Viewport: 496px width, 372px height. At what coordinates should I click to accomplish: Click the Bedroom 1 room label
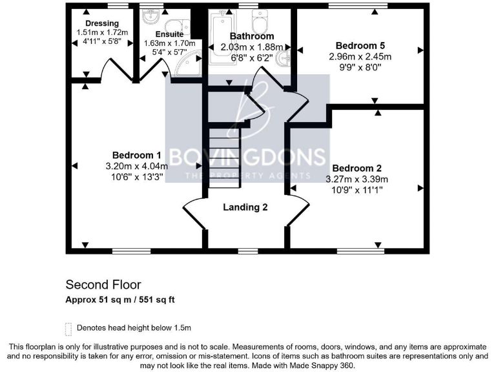136,155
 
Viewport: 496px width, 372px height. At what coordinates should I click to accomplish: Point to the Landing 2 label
245,207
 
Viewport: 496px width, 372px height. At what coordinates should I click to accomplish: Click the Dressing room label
102,23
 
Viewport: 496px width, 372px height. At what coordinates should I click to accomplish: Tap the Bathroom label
252,36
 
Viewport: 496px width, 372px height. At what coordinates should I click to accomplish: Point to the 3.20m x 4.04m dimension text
136,165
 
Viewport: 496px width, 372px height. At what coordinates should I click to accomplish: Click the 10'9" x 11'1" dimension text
357,190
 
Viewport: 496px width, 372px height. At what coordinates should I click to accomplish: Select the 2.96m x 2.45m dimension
360,56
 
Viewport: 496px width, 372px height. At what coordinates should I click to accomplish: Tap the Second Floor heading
103,284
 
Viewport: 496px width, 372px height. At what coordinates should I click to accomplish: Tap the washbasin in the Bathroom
284,59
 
